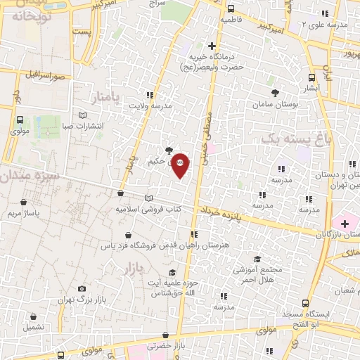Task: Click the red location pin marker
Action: [181, 165]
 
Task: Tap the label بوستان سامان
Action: [274, 104]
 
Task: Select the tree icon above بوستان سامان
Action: [274, 92]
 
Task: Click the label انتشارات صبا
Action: [83, 127]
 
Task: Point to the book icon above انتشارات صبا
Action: [83, 115]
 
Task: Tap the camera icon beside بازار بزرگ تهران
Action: [82, 288]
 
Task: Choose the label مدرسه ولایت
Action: [150, 105]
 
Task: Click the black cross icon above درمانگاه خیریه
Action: [212, 46]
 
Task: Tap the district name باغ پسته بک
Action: [295, 140]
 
